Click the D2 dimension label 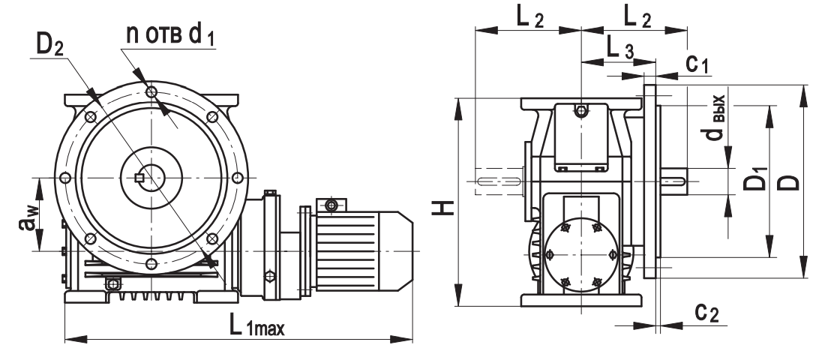(50, 46)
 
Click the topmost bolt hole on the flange (151, 91)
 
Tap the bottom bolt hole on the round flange (151, 263)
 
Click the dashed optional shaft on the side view (498, 181)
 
